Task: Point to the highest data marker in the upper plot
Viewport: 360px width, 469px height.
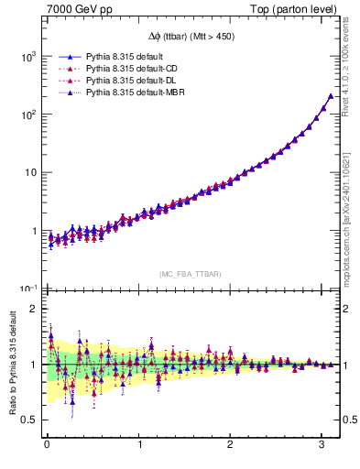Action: tap(330, 96)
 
